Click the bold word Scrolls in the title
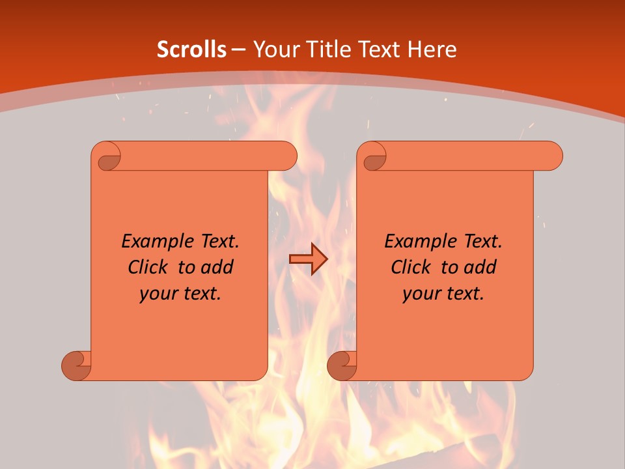tap(191, 50)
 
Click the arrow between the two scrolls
tap(308, 259)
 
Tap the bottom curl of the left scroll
tap(77, 365)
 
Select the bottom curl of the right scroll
tap(342, 365)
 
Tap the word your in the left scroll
tap(158, 294)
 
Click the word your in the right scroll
tap(421, 294)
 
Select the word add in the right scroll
tap(480, 267)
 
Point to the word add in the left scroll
tap(217, 267)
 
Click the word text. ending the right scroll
tap(465, 294)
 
